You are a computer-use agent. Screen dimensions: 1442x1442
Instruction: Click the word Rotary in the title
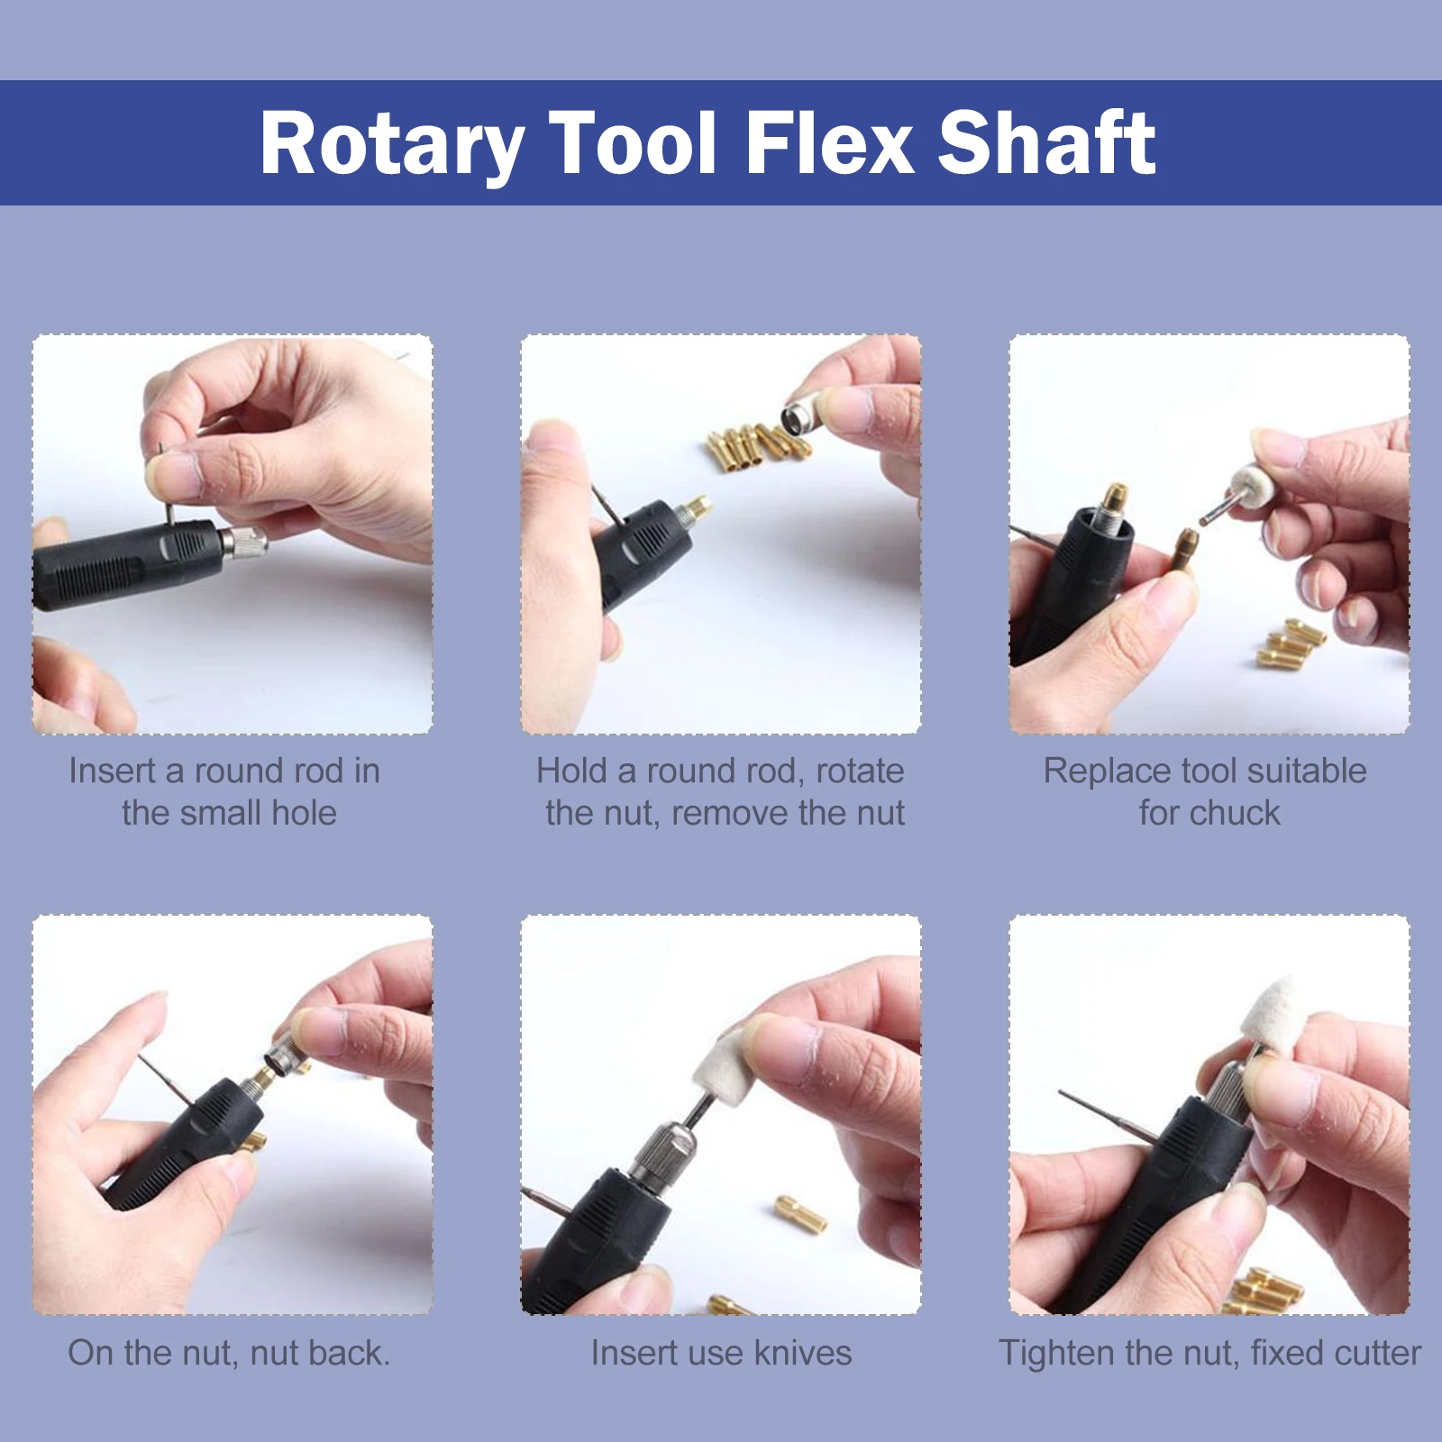[391, 144]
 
